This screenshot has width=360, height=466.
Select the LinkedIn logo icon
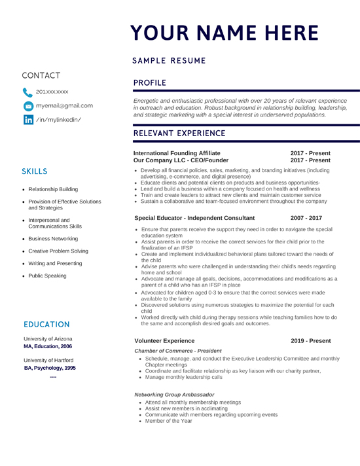(28, 119)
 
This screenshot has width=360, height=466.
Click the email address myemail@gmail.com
(64, 105)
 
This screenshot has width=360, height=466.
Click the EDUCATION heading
(46, 325)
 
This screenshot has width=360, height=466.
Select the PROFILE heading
(151, 83)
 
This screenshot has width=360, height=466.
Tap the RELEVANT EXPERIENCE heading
(179, 134)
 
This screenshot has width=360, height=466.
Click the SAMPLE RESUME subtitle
(169, 61)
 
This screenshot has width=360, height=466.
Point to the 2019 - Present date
(310, 341)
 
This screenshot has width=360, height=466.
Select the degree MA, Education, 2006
(48, 346)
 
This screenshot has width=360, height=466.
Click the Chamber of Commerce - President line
(177, 351)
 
